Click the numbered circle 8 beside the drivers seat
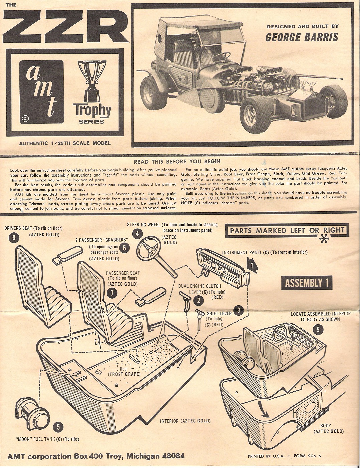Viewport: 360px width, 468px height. (14, 238)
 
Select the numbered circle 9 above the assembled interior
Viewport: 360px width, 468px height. (318, 330)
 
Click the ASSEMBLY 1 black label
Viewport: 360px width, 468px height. (307, 283)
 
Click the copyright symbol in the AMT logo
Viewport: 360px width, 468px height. (25, 118)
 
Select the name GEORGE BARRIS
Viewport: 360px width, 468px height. (302, 37)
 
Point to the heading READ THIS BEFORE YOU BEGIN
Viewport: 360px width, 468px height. (177, 161)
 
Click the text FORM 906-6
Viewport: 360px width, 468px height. (308, 456)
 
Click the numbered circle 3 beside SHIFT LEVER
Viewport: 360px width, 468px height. (239, 310)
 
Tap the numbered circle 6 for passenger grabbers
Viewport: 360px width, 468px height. (124, 248)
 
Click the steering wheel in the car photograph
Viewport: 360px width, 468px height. (221, 56)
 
